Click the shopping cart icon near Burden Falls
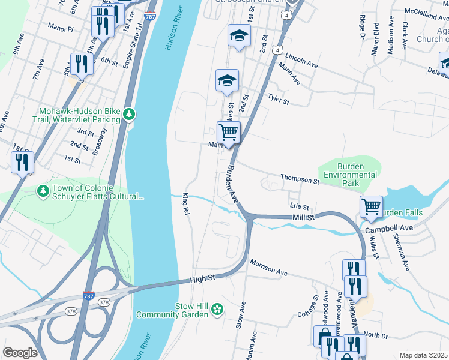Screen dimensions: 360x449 (x=372, y=206)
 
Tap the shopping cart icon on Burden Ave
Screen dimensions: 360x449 (x=229, y=131)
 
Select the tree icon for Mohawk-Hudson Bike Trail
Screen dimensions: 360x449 (x=128, y=113)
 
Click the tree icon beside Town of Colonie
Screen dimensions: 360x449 (x=43, y=191)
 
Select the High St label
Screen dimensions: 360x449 (x=202, y=278)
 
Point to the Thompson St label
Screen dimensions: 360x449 (x=300, y=179)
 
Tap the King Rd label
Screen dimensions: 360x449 (x=185, y=205)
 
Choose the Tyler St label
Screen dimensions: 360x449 (x=278, y=98)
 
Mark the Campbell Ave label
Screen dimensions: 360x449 (x=393, y=229)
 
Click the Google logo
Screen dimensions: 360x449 (x=20, y=352)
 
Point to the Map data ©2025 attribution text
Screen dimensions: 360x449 (x=423, y=355)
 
